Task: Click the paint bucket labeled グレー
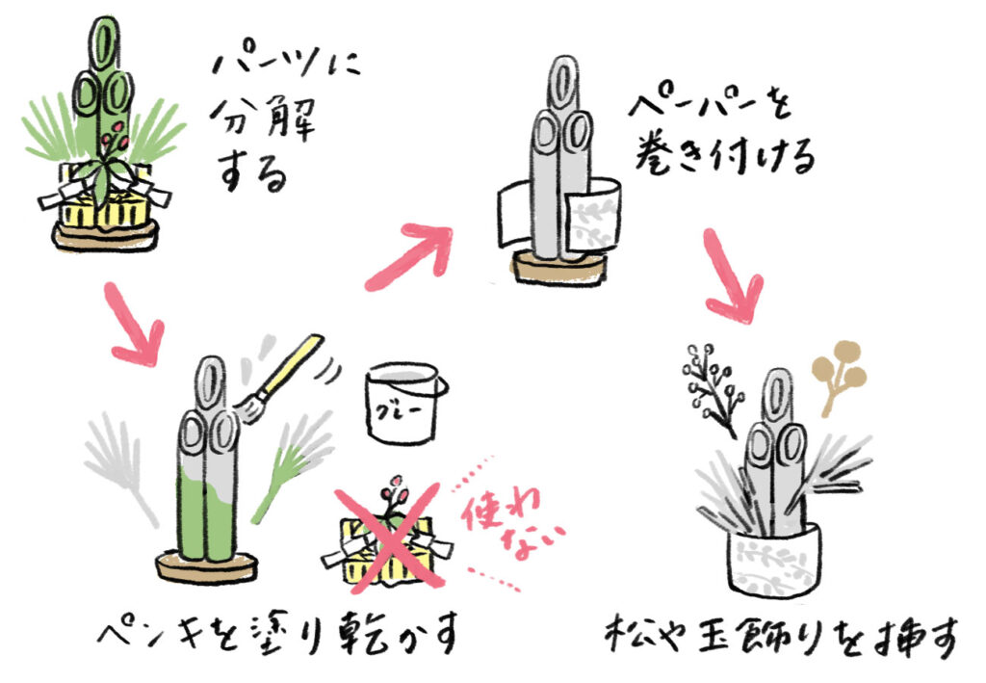click(x=404, y=403)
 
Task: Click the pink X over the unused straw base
click(x=387, y=539)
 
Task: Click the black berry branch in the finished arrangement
click(x=712, y=388)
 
